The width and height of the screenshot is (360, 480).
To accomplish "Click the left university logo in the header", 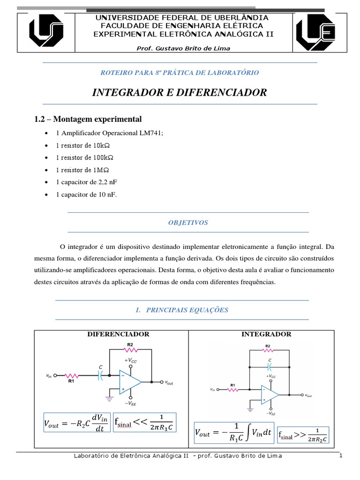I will [47, 32].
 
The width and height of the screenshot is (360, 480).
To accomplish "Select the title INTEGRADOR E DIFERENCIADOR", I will [180, 92].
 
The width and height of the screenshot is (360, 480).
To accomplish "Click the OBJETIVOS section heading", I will [188, 223].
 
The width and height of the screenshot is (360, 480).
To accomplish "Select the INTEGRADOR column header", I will [266, 334].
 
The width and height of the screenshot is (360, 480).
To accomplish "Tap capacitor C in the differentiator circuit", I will [100, 375].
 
